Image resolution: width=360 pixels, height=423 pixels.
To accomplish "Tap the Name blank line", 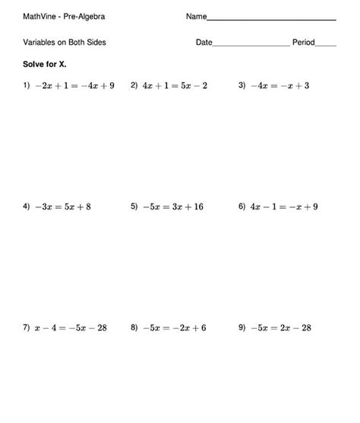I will [x=271, y=18].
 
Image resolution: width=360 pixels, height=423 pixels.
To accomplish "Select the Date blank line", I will [x=251, y=45].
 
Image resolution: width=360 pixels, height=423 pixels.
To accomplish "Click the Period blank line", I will [x=325, y=45].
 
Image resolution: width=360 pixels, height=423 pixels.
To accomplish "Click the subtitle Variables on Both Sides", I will [x=65, y=43].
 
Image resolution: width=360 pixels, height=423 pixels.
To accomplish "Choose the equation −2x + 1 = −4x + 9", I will [x=74, y=86].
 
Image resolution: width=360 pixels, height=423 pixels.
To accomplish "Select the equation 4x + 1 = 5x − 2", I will [x=175, y=86].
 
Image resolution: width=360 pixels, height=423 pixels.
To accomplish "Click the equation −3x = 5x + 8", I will [x=63, y=207].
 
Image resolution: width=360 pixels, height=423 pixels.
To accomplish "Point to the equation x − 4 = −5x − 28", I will [x=71, y=328].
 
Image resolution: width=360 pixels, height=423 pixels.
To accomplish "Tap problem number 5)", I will [x=134, y=206].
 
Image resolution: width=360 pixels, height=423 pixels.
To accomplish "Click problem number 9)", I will [x=242, y=327].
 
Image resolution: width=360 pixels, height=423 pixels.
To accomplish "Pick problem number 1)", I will [x=26, y=85].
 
